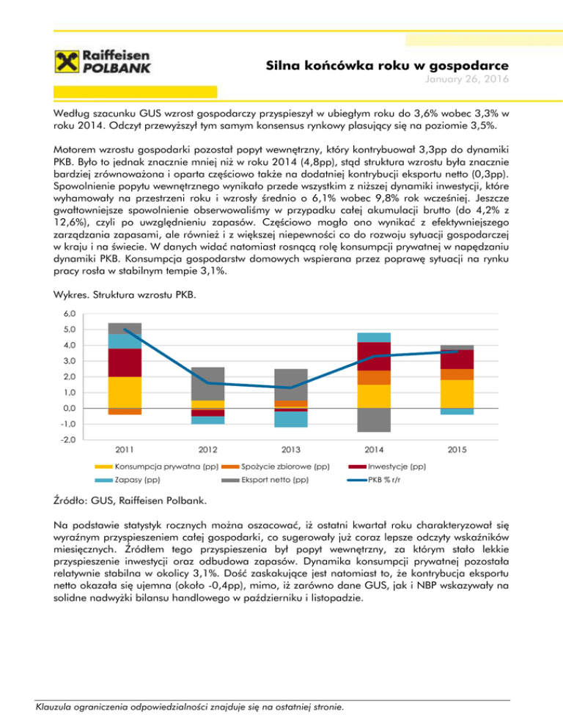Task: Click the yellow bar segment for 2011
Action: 124,392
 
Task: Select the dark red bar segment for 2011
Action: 124,363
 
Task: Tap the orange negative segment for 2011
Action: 124,411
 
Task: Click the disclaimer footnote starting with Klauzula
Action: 188,707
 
